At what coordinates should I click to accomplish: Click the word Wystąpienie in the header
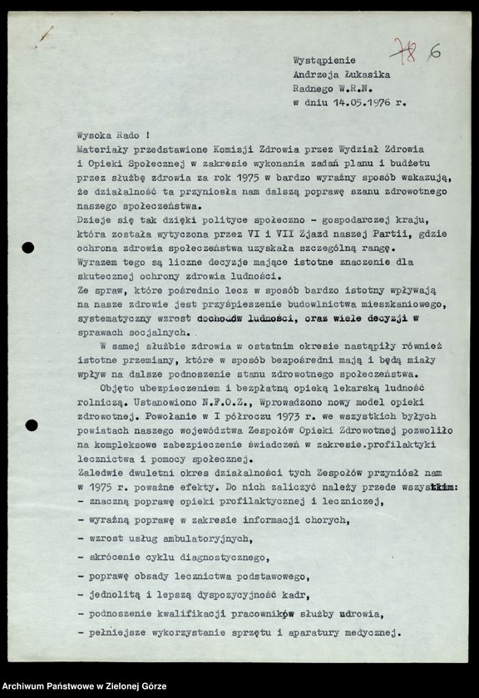coord(323,60)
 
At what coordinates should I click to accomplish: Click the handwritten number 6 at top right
coord(434,52)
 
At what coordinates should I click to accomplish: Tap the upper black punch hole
coord(27,247)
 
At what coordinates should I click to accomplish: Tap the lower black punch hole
coord(32,425)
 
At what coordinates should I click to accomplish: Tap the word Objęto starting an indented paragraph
coord(118,388)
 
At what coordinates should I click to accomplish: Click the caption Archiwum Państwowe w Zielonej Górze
coord(83,686)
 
